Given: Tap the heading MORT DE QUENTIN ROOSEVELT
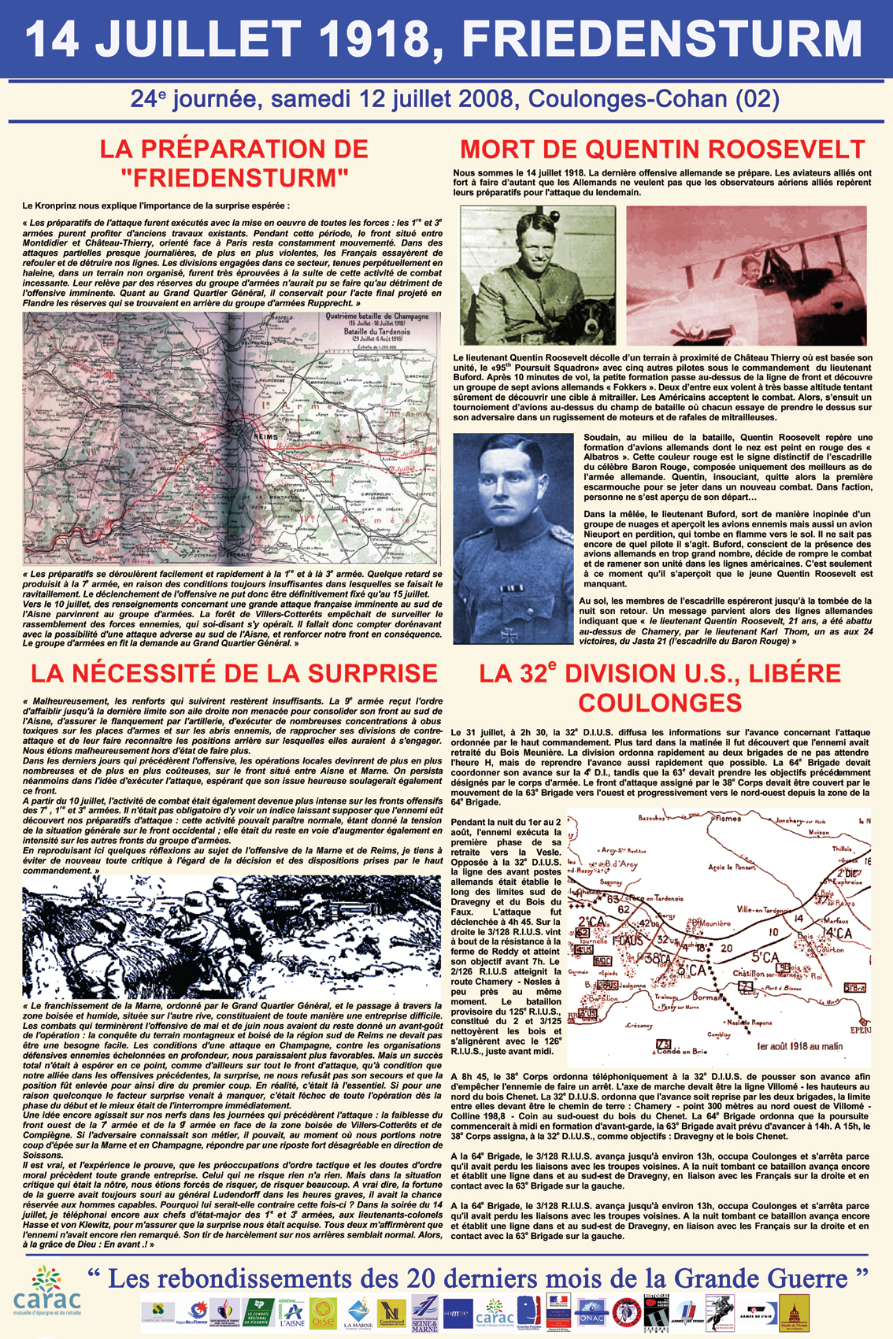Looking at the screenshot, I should click(662, 149).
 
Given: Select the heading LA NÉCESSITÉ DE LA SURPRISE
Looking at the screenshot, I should click(234, 673).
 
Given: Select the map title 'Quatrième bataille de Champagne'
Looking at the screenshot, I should click(377, 316).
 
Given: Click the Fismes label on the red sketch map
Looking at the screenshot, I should click(728, 818).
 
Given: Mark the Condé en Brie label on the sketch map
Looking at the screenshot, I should click(684, 1050).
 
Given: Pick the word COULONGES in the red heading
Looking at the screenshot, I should click(660, 702).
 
